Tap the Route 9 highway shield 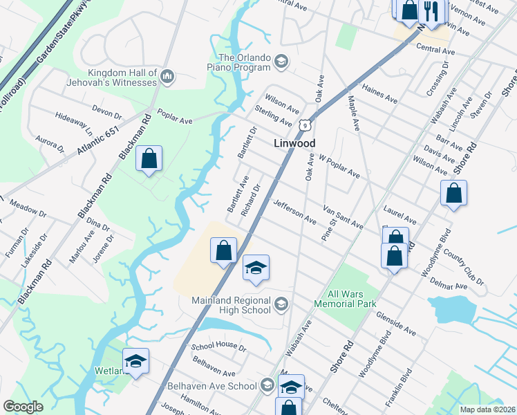[x=304, y=124]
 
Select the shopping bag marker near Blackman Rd [x=149, y=159]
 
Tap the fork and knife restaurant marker [x=431, y=11]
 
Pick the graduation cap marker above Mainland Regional [x=256, y=268]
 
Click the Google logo [x=23, y=407]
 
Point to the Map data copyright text [x=487, y=409]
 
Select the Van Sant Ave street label [x=343, y=216]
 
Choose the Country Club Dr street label [x=465, y=268]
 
